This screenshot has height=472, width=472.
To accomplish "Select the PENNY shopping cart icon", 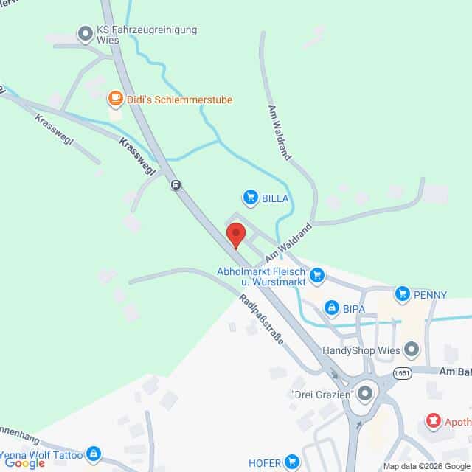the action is pyautogui.click(x=402, y=294).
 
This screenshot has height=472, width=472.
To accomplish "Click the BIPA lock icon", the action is pyautogui.click(x=332, y=307).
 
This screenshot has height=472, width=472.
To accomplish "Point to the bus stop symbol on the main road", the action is pyautogui.click(x=176, y=184).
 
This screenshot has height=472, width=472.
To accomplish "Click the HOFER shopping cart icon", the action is pyautogui.click(x=292, y=462).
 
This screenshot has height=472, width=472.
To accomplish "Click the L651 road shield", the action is pyautogui.click(x=401, y=372).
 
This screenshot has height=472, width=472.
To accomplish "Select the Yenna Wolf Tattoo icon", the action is pyautogui.click(x=93, y=454).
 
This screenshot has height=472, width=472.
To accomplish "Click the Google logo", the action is pyautogui.click(x=24, y=463).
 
